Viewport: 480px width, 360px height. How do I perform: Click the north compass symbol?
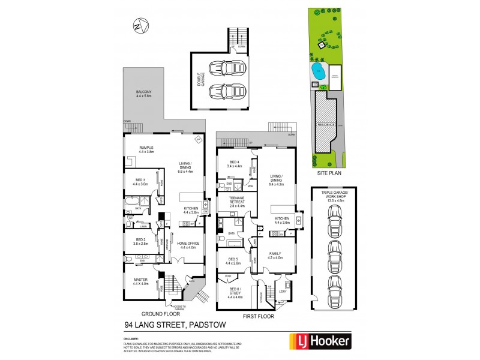140,26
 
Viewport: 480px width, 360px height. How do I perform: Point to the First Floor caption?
258,315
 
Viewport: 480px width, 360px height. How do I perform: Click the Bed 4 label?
235,164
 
